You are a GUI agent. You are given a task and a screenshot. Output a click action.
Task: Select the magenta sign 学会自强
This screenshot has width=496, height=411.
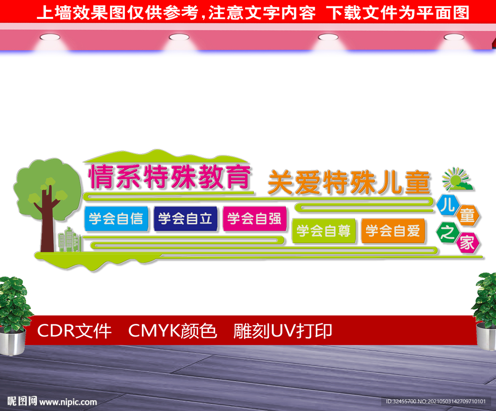(254, 219)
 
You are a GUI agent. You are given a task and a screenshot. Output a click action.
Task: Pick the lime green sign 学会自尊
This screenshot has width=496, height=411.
(324, 231)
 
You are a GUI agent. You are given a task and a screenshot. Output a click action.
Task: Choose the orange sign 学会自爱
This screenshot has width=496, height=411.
(393, 231)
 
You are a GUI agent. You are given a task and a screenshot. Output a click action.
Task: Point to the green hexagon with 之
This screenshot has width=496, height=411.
(447, 233)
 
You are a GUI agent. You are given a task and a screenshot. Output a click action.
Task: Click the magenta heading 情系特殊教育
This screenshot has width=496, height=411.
(170, 177)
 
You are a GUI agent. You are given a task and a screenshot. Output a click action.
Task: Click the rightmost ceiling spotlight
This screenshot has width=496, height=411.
(454, 37)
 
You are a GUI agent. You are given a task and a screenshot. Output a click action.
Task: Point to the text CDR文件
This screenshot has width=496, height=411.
(74, 331)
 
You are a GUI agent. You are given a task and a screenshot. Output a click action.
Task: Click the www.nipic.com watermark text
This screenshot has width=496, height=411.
(68, 402)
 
